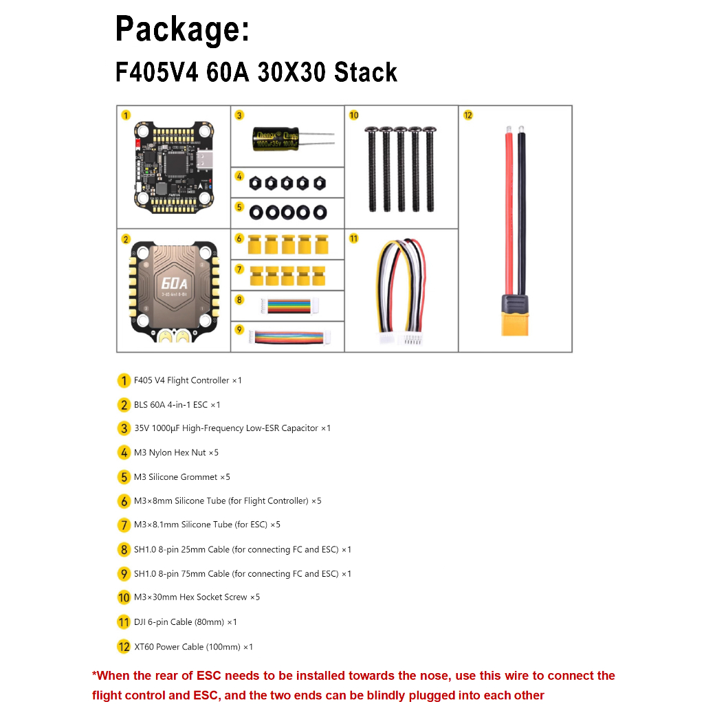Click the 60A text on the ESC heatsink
pyautogui.click(x=174, y=283)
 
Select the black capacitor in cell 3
pyautogui.click(x=276, y=138)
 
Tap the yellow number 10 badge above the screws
pyautogui.click(x=354, y=115)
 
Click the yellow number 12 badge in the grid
pyautogui.click(x=467, y=115)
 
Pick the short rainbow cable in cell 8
pyautogui.click(x=289, y=306)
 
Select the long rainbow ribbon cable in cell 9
pyautogui.click(x=290, y=337)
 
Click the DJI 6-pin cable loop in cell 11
pyautogui.click(x=401, y=291)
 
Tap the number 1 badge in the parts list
pyautogui.click(x=124, y=381)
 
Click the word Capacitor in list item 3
pyautogui.click(x=300, y=428)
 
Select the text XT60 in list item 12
pyautogui.click(x=144, y=647)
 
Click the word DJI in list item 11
pyautogui.click(x=140, y=622)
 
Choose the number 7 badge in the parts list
pyautogui.click(x=124, y=525)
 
